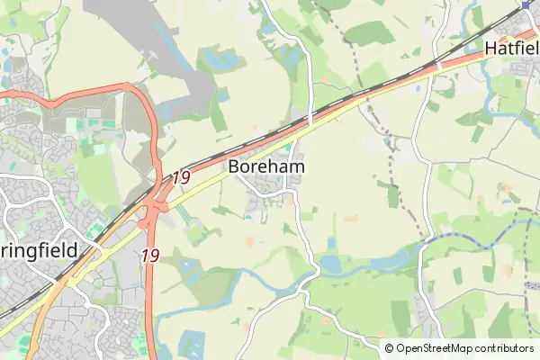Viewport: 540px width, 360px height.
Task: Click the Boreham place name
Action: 265,166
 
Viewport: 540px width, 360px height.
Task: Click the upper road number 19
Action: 180,177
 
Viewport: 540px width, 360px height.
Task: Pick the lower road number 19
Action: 150,256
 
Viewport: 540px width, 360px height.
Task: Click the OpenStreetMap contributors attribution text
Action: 465,348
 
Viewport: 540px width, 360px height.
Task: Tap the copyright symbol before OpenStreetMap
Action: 389,348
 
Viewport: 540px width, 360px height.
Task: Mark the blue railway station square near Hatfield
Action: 526,4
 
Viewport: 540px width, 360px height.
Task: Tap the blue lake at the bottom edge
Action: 192,344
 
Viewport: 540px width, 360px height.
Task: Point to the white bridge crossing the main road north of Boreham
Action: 310,119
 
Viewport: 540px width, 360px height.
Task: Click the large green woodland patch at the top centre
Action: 369,33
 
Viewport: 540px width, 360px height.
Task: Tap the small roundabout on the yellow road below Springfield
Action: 61,281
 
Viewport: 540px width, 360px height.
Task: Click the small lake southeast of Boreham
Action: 330,265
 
